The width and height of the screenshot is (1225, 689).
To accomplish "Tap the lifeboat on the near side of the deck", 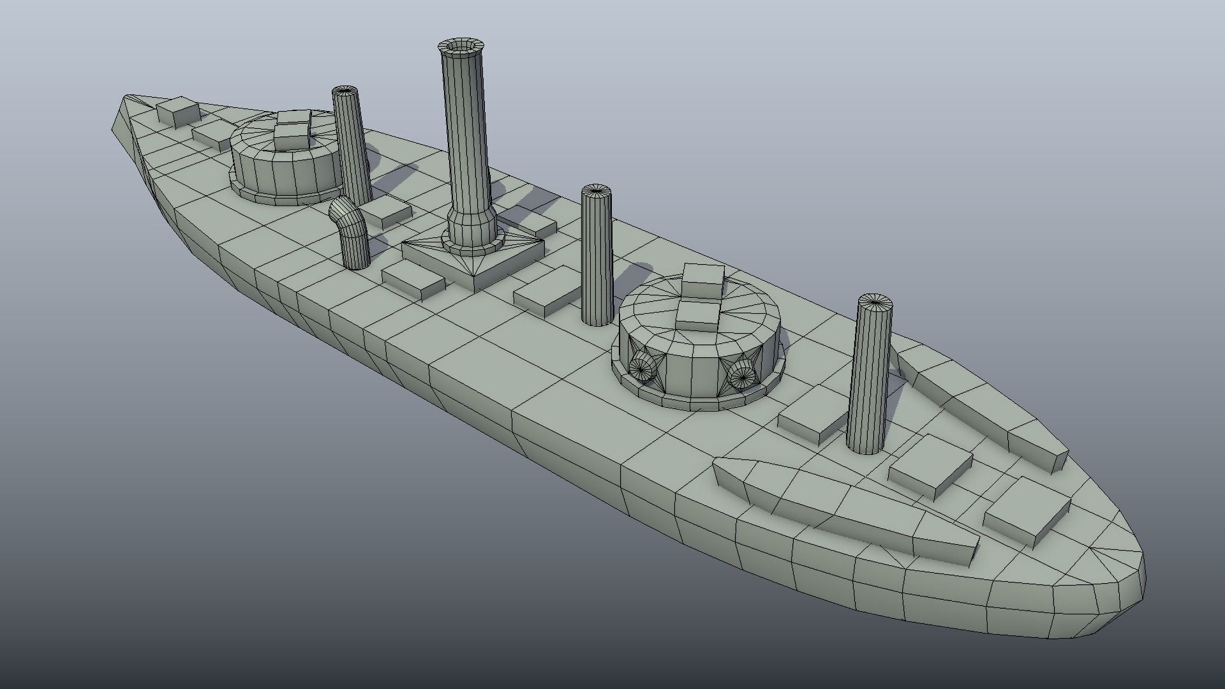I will pos(842,504).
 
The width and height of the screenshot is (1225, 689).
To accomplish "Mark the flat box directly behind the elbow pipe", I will pos(386,211).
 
